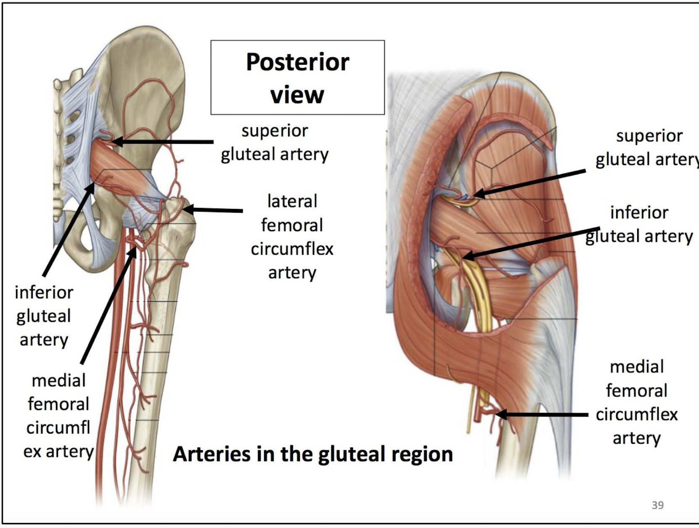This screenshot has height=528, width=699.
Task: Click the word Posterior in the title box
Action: (x=297, y=62)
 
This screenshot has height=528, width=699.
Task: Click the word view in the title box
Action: (x=297, y=95)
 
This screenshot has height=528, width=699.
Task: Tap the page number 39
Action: (x=657, y=505)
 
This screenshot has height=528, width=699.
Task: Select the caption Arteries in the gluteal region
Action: (x=313, y=454)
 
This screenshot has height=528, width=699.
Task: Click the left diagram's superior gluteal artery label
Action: (x=275, y=143)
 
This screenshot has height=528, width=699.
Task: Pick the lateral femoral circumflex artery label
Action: (x=292, y=237)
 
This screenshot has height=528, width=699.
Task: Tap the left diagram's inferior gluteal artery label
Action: (x=44, y=316)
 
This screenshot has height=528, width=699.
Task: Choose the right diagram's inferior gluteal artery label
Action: (x=639, y=224)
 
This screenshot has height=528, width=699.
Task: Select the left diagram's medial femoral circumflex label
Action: (x=58, y=415)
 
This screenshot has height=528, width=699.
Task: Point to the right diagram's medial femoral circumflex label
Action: (x=636, y=402)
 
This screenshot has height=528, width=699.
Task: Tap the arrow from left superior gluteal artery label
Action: (x=164, y=142)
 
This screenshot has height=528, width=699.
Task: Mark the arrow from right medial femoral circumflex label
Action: (x=543, y=415)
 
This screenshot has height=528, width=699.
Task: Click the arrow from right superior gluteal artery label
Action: (x=530, y=182)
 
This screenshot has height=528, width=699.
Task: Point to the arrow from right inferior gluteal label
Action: (x=530, y=242)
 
